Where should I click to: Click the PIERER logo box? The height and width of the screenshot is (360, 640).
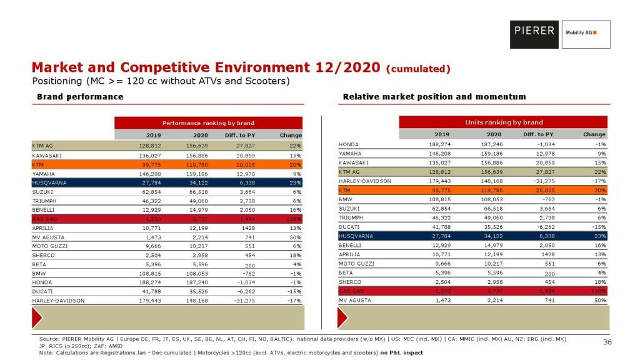coord(534,34)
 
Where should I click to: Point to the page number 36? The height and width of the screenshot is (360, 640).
coord(607,342)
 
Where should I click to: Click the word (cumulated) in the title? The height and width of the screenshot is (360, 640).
coord(418,68)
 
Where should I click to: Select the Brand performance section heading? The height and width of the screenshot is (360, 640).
coord(80,97)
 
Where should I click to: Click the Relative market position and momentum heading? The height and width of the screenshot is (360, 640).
coord(434,97)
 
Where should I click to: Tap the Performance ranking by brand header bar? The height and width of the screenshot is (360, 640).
coord(208,123)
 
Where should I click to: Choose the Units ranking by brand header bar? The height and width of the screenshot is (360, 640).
coord(504,122)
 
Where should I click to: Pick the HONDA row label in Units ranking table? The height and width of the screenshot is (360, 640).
coord(348,144)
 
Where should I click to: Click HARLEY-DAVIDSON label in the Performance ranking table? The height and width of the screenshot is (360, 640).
coord(58,301)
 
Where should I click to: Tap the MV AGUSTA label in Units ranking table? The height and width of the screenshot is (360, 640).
coord(354,301)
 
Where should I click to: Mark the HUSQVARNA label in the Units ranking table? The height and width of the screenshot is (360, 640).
coord(356,237)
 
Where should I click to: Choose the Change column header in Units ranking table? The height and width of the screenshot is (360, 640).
coord(594,134)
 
